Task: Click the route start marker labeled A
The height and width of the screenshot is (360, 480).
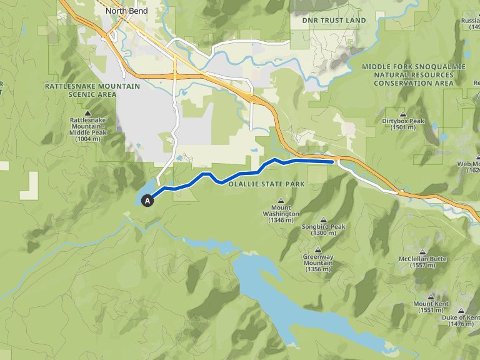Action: (147, 201)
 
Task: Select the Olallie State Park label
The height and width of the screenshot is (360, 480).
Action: (266, 184)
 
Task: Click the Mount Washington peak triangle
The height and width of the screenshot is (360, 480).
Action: (281, 201)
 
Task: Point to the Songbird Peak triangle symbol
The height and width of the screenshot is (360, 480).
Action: (323, 219)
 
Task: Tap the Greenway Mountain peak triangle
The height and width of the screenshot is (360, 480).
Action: (317, 249)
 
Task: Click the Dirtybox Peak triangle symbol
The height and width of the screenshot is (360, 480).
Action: (402, 113)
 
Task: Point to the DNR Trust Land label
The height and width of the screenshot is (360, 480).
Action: (334, 21)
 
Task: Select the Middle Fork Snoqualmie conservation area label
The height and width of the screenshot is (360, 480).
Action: (413, 74)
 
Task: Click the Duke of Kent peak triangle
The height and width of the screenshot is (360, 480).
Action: (461, 311)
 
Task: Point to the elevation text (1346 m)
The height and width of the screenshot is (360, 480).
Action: (281, 221)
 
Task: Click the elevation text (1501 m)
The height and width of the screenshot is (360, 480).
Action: (402, 127)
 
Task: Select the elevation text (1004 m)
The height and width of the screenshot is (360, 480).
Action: (87, 139)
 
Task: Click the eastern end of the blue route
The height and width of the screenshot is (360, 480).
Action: (332, 161)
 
